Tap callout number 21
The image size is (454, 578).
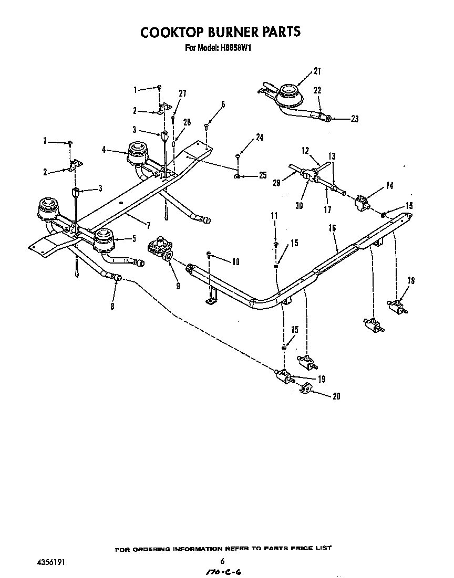click(317, 71)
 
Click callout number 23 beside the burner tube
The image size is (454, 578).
click(354, 119)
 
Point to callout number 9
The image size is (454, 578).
click(178, 286)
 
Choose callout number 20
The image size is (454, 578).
click(336, 396)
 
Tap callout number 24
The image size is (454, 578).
click(260, 138)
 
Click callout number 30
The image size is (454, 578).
click(299, 206)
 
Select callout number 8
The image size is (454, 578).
click(112, 307)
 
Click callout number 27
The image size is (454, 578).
click(182, 93)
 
